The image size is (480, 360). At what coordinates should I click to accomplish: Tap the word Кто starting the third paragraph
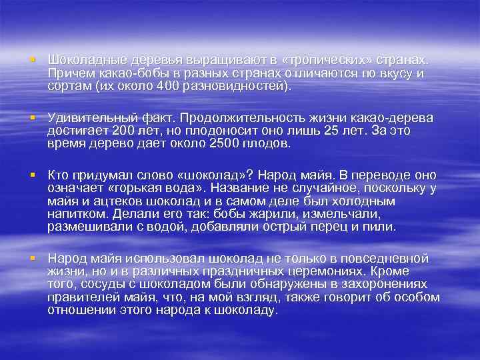59,175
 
